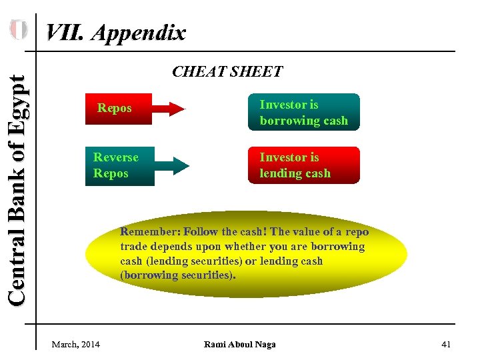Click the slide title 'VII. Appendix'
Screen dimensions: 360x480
tap(115, 33)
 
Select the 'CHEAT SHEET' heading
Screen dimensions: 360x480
tap(227, 71)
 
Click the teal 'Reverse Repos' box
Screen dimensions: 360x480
tap(119, 165)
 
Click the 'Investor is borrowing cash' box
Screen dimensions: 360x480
tap(303, 112)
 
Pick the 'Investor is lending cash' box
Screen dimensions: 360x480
tap(303, 165)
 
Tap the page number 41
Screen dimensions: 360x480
tap(446, 344)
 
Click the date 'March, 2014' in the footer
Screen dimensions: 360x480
tap(76, 344)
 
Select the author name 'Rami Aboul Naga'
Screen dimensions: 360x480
tap(239, 344)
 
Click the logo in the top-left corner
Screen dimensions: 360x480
tap(19, 30)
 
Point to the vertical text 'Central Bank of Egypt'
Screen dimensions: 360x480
tap(19, 191)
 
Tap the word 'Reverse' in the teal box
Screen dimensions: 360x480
tap(116, 157)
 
